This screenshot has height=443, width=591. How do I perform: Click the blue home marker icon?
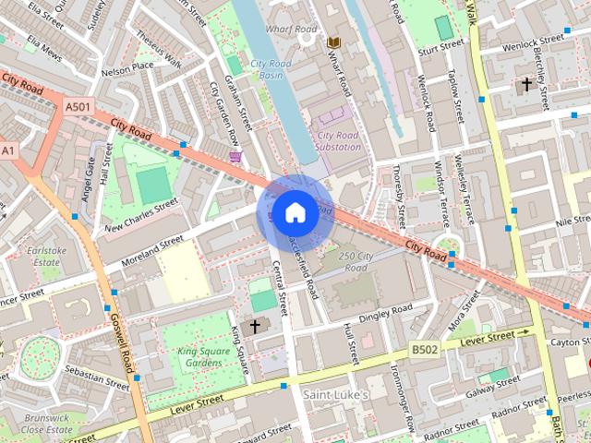coord(294,212)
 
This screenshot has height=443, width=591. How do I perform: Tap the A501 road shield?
coord(78,108)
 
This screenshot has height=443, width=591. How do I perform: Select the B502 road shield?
coord(423,349)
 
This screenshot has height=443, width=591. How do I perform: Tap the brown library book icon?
coord(333,42)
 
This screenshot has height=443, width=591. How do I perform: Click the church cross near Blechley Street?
coord(526,85)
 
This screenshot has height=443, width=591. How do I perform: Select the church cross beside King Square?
coord(255,326)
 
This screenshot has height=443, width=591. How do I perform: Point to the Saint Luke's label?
coord(336,394)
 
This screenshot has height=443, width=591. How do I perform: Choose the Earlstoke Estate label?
coord(54,256)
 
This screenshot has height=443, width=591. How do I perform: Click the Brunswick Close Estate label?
coord(44,423)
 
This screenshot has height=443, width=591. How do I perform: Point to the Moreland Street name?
coord(146,255)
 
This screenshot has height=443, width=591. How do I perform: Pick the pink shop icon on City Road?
coord(236,157)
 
